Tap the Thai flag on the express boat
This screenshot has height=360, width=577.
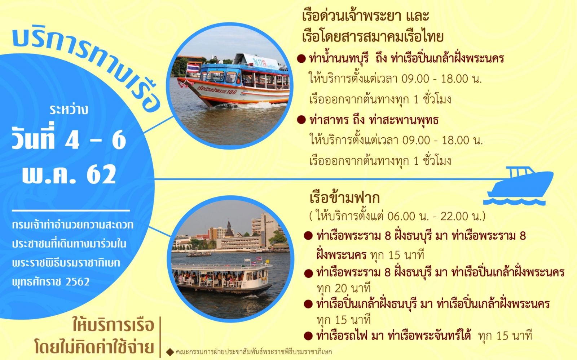pyautogui.click(x=193, y=68)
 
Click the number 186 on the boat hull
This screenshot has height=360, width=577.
pyautogui.click(x=231, y=92)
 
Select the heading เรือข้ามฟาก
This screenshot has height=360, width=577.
pyautogui.click(x=345, y=197)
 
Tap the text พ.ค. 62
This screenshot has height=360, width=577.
pyautogui.click(x=69, y=174)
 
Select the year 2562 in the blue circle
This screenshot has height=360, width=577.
pyautogui.click(x=77, y=282)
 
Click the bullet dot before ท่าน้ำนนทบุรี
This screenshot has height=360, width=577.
pyautogui.click(x=301, y=59)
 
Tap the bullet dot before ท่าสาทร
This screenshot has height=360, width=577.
pyautogui.click(x=301, y=120)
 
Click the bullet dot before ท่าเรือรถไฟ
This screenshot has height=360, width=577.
pyautogui.click(x=308, y=336)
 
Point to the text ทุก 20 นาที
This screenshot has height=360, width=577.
pyautogui.click(x=344, y=288)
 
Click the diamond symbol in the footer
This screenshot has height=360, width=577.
pyautogui.click(x=170, y=352)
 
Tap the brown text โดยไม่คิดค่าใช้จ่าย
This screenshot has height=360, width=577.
pyautogui.click(x=94, y=347)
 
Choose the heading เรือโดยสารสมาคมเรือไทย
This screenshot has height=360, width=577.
pyautogui.click(x=373, y=36)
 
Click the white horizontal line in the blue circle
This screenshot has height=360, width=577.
pyautogui.click(x=71, y=210)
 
